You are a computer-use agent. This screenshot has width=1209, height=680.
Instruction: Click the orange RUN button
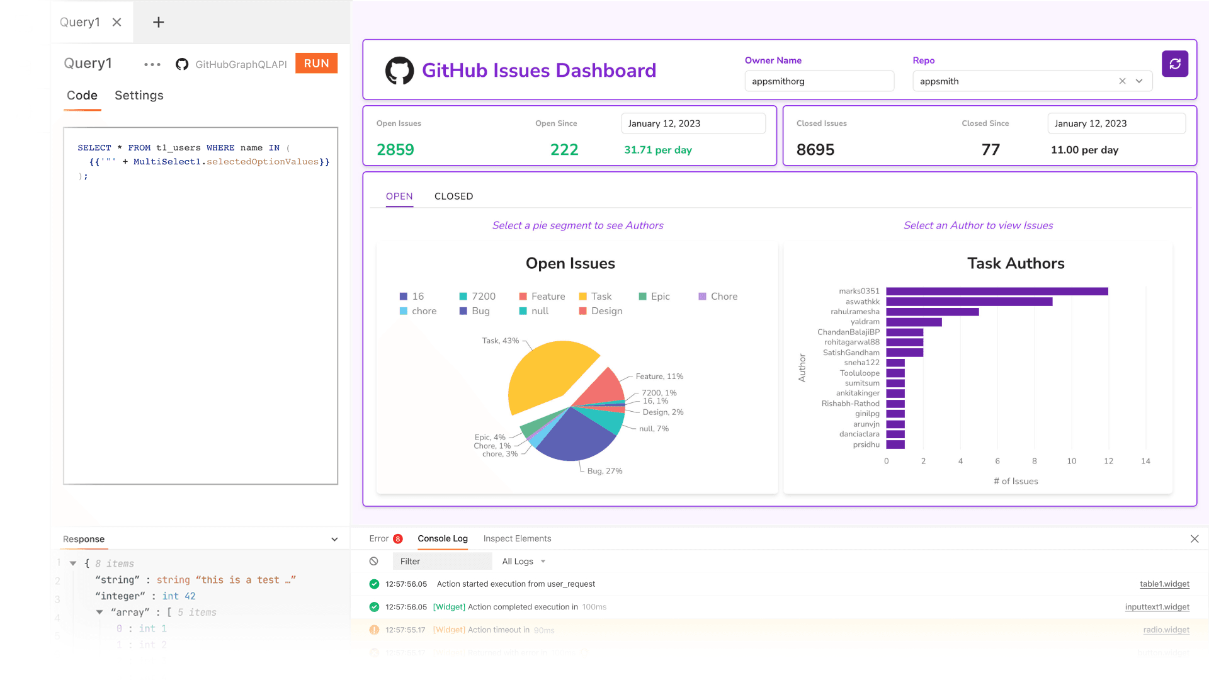click(x=316, y=64)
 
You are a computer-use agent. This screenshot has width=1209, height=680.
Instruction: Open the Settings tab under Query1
click(x=139, y=95)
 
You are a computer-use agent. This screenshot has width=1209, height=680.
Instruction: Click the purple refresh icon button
click(x=1174, y=64)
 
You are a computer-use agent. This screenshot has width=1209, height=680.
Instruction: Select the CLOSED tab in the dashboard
click(x=453, y=196)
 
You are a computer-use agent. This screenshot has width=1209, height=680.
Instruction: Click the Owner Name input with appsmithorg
click(x=819, y=81)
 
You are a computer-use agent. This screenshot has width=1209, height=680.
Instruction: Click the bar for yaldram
click(x=913, y=322)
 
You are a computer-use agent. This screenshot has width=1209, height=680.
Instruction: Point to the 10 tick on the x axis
click(x=1071, y=462)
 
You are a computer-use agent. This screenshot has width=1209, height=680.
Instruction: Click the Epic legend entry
click(x=654, y=297)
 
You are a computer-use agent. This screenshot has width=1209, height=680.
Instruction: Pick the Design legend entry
click(x=601, y=311)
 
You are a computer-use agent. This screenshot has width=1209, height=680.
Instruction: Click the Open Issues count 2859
click(x=395, y=150)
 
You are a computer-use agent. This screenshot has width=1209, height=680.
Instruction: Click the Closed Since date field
click(x=1116, y=123)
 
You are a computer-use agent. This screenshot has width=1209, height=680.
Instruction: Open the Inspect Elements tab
click(x=517, y=538)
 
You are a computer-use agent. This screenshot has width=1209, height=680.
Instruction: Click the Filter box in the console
click(x=441, y=561)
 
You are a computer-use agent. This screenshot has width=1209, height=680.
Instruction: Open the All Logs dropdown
click(x=523, y=561)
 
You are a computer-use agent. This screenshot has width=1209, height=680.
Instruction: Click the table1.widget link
click(x=1164, y=584)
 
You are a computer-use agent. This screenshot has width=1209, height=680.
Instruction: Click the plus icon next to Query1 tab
click(x=159, y=23)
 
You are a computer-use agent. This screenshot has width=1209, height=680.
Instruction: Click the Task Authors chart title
click(x=1015, y=263)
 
